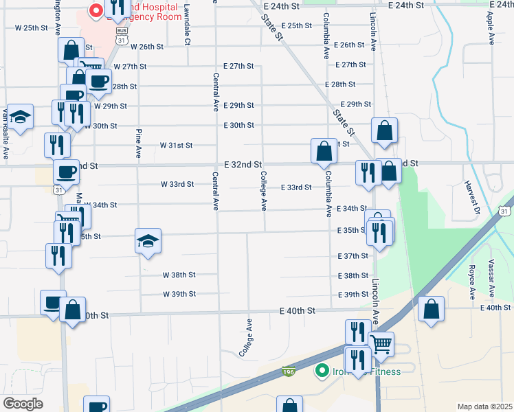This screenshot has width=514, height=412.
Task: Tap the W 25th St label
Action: click(x=32, y=28)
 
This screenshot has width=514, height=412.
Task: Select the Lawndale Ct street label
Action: click(x=187, y=25)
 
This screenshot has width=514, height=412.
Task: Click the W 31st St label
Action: click(x=177, y=146)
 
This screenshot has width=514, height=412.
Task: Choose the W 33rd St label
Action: click(x=177, y=185)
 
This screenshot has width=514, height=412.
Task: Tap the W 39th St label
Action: click(x=179, y=294)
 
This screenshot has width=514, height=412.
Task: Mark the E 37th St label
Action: click(x=353, y=256)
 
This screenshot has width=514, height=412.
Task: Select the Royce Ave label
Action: click(x=472, y=282)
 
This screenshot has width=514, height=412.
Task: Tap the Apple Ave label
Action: click(x=491, y=27)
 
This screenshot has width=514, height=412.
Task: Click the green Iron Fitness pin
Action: click(x=320, y=371)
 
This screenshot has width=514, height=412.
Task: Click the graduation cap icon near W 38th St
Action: click(x=148, y=240)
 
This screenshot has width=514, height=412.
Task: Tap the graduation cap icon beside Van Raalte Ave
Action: click(x=20, y=117)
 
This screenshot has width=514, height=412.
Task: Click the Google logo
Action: click(x=23, y=404)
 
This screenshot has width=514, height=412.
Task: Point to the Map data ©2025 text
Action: click(x=484, y=407)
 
